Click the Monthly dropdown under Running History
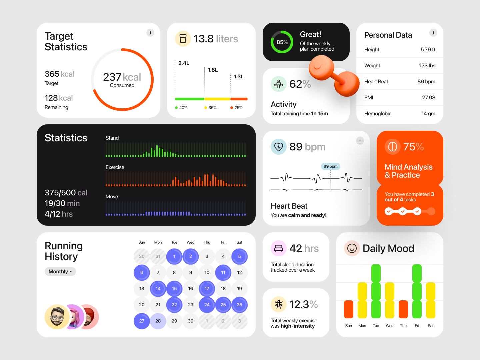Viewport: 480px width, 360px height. tap(60, 272)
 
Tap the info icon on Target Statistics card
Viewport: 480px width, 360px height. tap(150, 33)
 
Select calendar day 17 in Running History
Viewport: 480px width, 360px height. tap(207, 289)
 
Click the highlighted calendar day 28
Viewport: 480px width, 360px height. tap(158, 321)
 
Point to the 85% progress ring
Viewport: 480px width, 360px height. tap(282, 42)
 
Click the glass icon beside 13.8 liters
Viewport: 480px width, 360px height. tap(183, 39)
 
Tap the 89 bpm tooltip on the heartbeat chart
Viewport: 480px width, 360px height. tap(330, 166)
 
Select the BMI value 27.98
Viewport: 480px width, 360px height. tap(428, 98)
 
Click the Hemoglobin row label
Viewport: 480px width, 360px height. tap(378, 114)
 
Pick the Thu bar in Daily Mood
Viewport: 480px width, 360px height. tap(403, 309)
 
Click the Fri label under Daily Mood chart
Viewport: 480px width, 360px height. tap(417, 326)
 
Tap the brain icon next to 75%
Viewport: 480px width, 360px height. tap(393, 147)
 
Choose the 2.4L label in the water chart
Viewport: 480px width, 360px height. tap(184, 63)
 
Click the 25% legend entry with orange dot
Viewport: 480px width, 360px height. tap(237, 108)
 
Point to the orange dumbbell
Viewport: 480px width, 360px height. tap(334, 76)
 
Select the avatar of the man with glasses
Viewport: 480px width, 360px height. tap(57, 317)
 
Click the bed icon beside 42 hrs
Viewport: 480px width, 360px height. tap(279, 248)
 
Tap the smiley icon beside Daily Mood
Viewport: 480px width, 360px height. tap(352, 248)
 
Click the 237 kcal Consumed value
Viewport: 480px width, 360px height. tap(122, 79)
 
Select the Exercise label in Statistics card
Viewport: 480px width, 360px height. tap(115, 167)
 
